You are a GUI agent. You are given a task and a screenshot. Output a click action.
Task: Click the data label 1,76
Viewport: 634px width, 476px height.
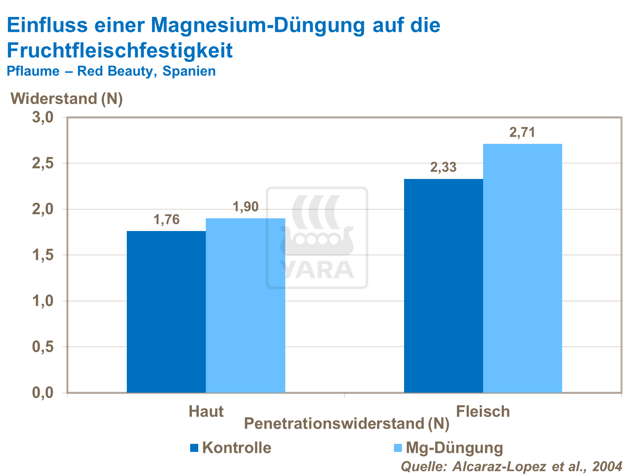(x=166, y=220)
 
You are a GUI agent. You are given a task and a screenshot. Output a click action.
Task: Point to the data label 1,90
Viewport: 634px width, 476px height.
(x=246, y=207)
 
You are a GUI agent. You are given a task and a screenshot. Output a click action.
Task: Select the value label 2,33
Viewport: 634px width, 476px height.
(x=443, y=168)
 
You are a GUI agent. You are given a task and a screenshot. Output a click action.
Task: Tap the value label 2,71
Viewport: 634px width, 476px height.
(x=522, y=133)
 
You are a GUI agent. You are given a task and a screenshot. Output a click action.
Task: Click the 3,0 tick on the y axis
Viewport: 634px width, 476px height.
(x=43, y=117)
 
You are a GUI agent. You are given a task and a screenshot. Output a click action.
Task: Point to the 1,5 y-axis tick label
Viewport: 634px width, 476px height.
(x=43, y=255)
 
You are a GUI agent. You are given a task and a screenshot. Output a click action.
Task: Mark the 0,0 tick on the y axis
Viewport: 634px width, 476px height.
(x=43, y=393)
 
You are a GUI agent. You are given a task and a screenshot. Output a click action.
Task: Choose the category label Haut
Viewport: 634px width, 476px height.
(x=206, y=411)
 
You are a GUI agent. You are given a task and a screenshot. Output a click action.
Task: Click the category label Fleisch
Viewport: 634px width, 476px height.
(x=483, y=411)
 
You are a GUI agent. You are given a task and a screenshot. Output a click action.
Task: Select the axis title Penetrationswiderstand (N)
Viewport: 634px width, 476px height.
(x=347, y=424)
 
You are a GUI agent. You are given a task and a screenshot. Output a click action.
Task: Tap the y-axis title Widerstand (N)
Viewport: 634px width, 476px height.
(x=67, y=99)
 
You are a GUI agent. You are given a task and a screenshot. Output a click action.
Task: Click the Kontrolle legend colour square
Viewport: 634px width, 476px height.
(x=194, y=448)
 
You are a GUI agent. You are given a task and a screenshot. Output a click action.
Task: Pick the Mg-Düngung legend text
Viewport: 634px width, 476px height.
(x=454, y=448)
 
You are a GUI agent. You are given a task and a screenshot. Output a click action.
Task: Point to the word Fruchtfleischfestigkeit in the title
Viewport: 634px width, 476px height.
(x=120, y=50)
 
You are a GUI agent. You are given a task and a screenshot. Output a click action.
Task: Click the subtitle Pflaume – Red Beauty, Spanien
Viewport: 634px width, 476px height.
(x=111, y=71)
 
